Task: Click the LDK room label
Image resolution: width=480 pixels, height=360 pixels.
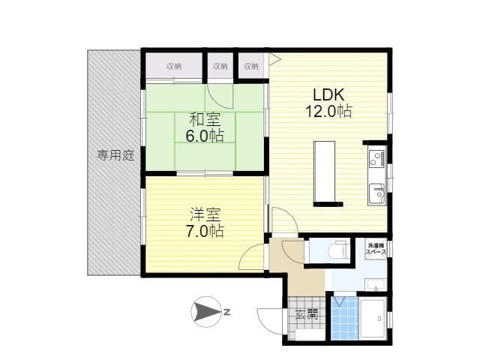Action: pyautogui.click(x=328, y=95)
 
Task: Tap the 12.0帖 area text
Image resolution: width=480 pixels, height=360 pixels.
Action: pyautogui.click(x=328, y=111)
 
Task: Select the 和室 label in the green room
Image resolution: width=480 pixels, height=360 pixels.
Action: pyautogui.click(x=205, y=119)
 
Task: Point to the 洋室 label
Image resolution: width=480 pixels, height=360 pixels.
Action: pyautogui.click(x=205, y=214)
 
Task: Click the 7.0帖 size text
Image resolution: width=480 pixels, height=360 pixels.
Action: pyautogui.click(x=205, y=231)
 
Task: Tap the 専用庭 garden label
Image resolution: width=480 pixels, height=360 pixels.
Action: pyautogui.click(x=115, y=155)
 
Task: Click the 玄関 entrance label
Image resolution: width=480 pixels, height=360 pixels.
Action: pyautogui.click(x=307, y=314)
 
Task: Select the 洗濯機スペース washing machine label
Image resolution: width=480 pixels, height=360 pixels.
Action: pyautogui.click(x=376, y=248)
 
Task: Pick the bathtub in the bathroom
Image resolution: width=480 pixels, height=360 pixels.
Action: pyautogui.click(x=372, y=318)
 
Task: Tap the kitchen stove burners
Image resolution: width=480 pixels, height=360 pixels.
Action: pyautogui.click(x=375, y=158)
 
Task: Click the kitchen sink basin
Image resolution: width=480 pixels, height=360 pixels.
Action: pyautogui.click(x=376, y=193)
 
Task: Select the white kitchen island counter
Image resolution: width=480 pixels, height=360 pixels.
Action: pyautogui.click(x=325, y=172)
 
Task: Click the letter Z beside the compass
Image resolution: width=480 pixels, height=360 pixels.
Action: pyautogui.click(x=226, y=313)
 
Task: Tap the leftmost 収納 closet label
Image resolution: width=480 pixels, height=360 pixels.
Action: pyautogui.click(x=174, y=66)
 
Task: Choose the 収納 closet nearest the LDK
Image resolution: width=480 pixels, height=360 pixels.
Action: pyautogui.click(x=251, y=66)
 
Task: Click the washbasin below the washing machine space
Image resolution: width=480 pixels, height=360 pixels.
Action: pyautogui.click(x=376, y=285)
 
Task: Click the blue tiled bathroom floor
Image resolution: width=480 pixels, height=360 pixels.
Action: pyautogui.click(x=345, y=318)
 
